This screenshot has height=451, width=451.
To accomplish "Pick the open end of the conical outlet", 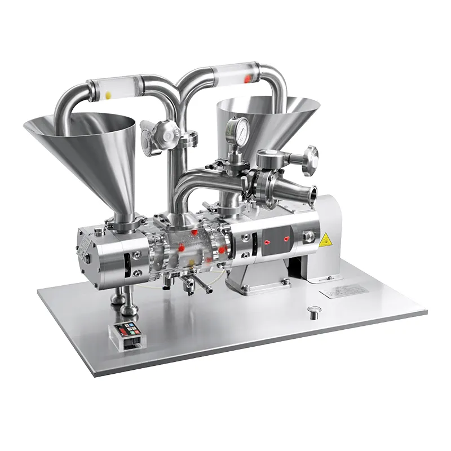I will click(309, 192).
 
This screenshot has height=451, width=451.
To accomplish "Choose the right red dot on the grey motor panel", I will click(286, 239).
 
